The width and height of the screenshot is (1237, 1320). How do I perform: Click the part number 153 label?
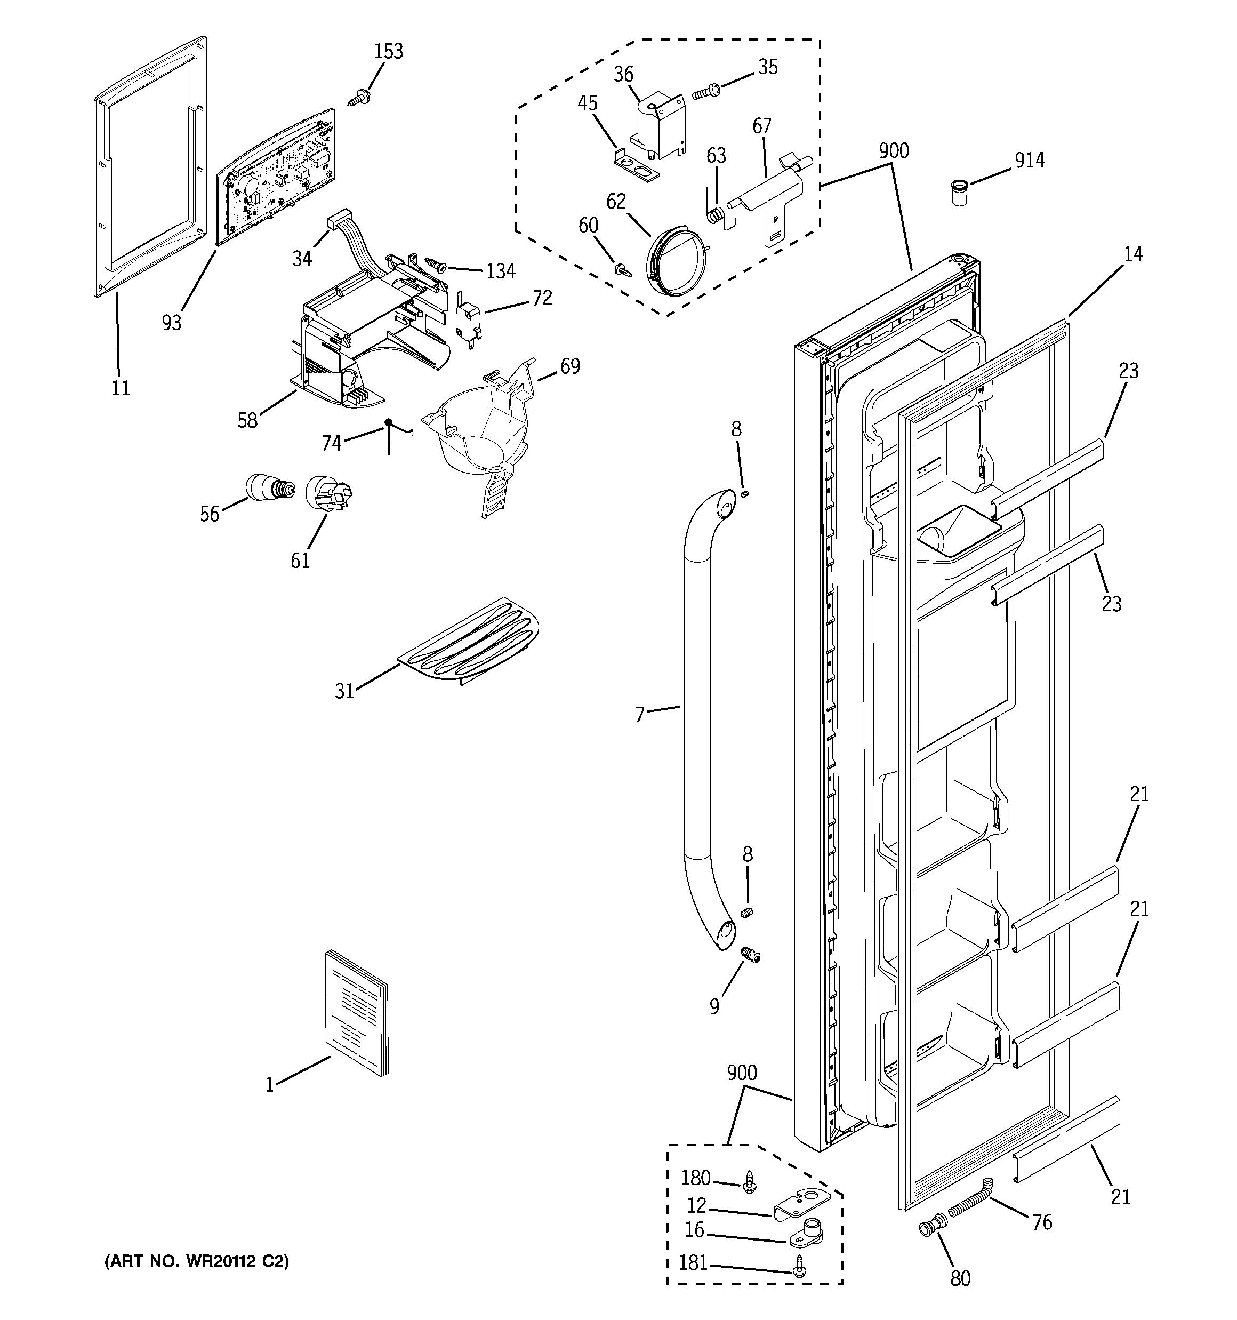[389, 52]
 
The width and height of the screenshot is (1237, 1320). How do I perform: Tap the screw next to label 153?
[359, 98]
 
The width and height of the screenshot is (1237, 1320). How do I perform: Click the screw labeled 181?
[799, 1269]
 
